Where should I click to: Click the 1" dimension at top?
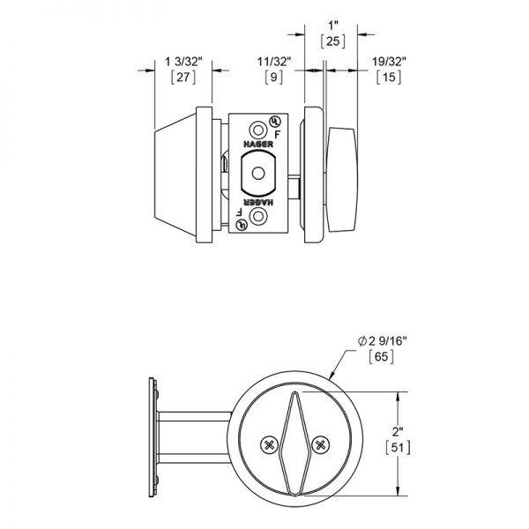[x=332, y=25]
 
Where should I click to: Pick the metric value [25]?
[x=332, y=41]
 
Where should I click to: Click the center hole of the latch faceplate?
[x=257, y=171]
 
